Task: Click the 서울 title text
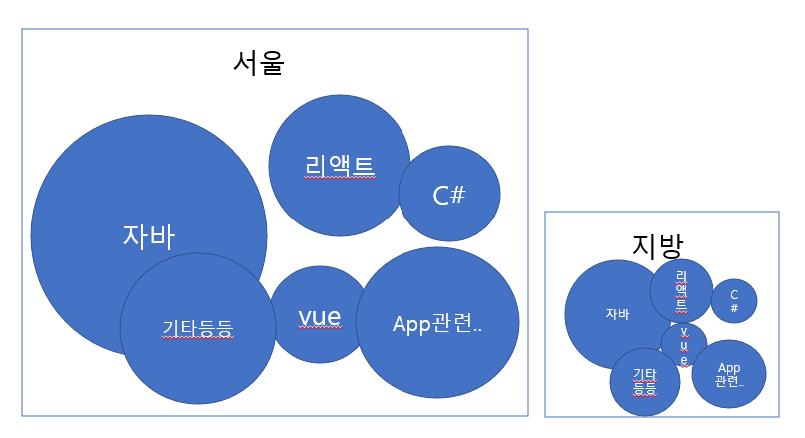(x=259, y=63)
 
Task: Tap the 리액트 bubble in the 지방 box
(x=681, y=290)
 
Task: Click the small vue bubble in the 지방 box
(x=684, y=344)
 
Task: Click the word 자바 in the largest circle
(x=148, y=236)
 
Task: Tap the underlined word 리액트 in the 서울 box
(x=339, y=166)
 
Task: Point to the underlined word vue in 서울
(x=320, y=317)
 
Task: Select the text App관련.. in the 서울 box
(x=437, y=324)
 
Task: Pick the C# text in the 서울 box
(x=449, y=195)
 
